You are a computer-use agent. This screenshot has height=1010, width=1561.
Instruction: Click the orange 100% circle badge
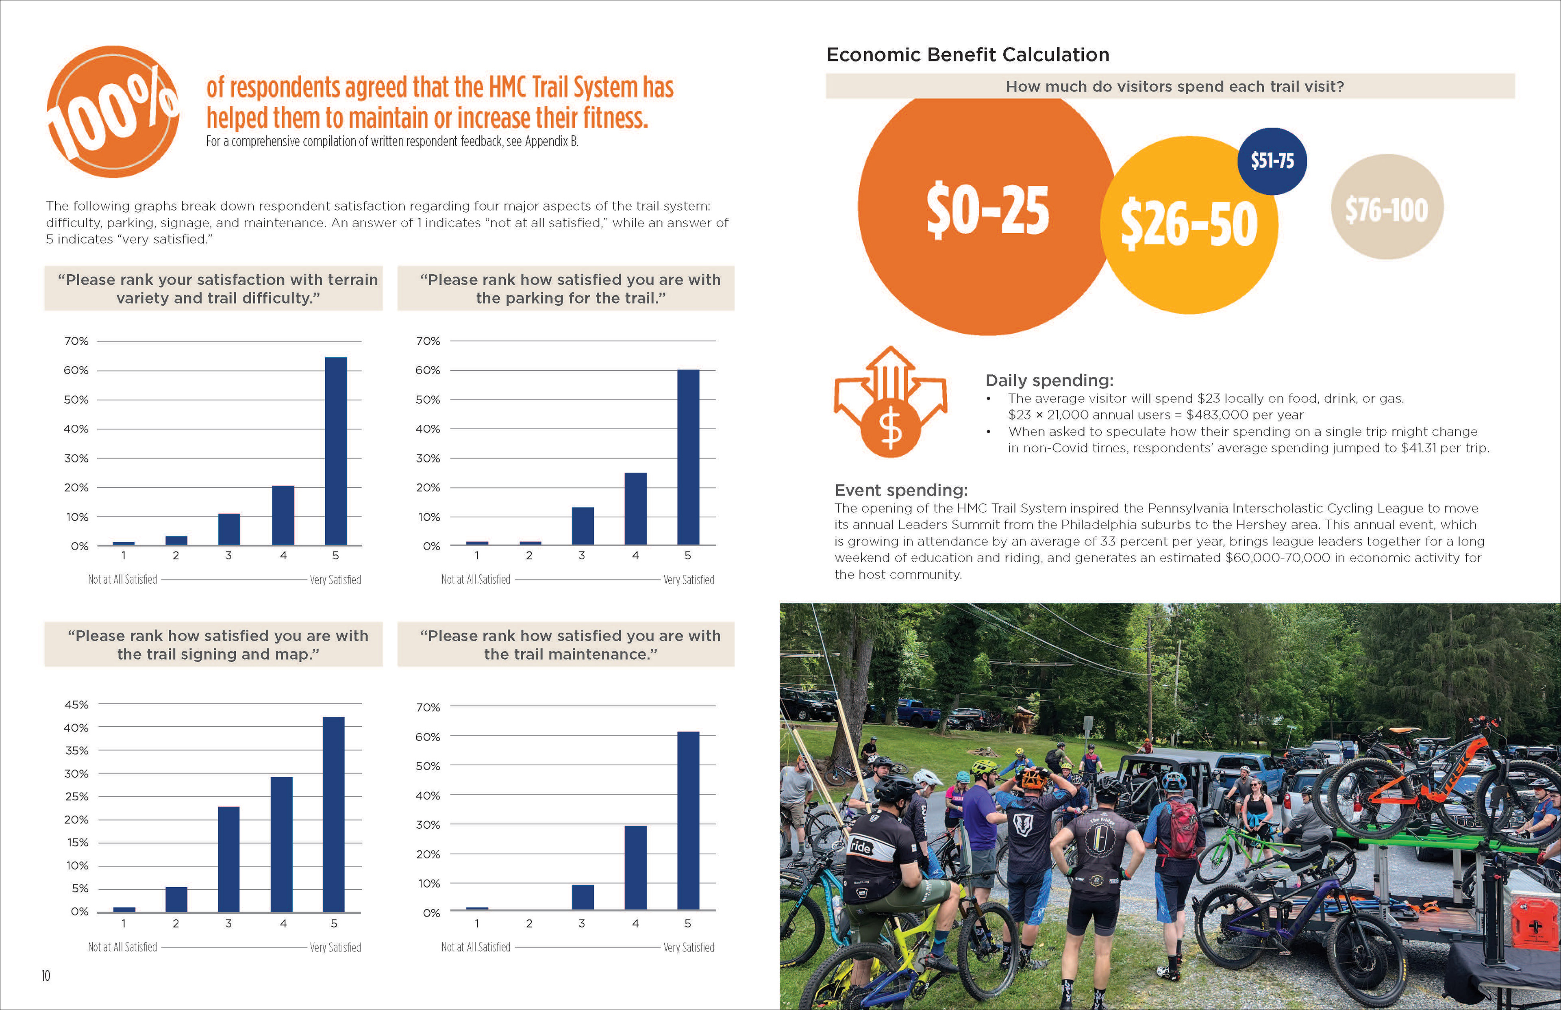coord(113,111)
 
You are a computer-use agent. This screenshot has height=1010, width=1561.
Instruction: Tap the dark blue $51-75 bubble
coord(1272,161)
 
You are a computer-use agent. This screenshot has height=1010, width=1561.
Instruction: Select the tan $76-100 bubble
coord(1387,207)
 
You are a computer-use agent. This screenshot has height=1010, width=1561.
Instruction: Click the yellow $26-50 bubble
coord(1189,225)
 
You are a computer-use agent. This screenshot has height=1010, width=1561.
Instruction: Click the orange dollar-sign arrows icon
coord(890,402)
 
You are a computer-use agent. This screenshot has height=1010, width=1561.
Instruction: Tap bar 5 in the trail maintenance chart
coord(688,820)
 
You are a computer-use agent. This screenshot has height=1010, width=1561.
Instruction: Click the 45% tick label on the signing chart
coord(76,704)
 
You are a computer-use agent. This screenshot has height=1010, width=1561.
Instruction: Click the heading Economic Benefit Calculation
coord(967,54)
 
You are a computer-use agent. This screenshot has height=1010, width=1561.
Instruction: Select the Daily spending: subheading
coord(1049,380)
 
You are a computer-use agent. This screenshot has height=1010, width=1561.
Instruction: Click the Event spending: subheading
coord(900,490)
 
